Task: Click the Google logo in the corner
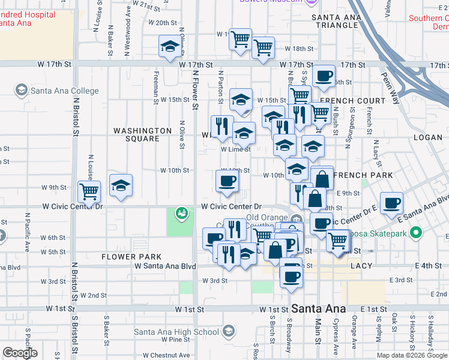20,353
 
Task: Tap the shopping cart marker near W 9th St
89,192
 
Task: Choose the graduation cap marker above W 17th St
170,46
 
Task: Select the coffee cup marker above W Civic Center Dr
227,181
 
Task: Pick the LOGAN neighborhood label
427,137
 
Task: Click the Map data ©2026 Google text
411,355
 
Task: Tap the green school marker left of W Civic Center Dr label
181,213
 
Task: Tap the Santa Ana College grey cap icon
22,91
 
